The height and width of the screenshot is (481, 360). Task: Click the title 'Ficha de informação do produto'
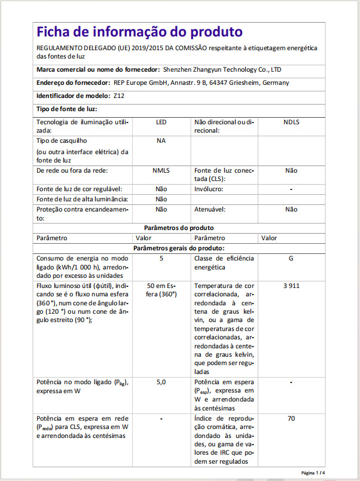[139, 32]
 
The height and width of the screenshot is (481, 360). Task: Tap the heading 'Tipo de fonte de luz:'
[66, 109]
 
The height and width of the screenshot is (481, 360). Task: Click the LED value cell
[161, 122]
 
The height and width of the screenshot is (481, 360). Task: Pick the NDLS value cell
[291, 122]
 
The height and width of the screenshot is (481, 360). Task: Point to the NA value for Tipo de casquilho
[161, 140]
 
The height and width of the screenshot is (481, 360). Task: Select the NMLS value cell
[161, 170]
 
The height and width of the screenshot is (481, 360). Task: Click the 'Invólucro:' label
[209, 189]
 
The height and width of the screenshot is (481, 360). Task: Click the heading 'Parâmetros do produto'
[179, 228]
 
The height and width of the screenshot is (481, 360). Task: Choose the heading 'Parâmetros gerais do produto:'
[179, 248]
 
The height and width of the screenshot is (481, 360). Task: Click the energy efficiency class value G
[291, 258]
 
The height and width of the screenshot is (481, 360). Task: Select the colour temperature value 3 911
[291, 286]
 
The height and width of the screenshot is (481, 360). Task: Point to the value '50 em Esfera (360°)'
[161, 290]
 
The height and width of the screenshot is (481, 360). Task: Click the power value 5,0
[161, 381]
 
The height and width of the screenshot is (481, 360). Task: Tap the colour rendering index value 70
[291, 418]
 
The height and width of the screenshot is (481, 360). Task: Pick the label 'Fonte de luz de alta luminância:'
[83, 199]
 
